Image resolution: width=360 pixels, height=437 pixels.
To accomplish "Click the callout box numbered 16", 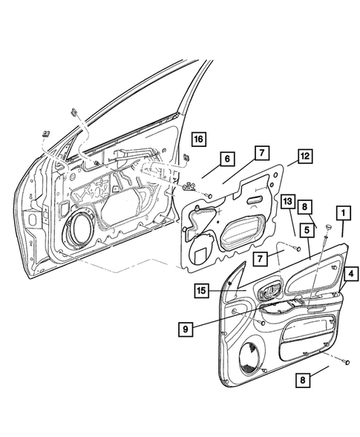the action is (x=198, y=139).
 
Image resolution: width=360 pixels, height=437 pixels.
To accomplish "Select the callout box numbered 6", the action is (x=227, y=159).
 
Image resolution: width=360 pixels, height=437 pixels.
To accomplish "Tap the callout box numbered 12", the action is (x=305, y=156).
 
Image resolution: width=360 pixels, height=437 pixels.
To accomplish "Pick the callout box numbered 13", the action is (x=288, y=201).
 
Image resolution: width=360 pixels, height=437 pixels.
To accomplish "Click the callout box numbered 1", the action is (x=343, y=213).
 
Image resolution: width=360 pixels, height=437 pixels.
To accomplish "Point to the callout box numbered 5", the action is (x=307, y=230).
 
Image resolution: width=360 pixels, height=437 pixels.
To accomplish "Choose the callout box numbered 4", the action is (x=351, y=274).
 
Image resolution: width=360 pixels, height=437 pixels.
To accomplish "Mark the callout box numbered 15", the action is (x=201, y=291).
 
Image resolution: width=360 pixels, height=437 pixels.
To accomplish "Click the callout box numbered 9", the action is (x=186, y=329).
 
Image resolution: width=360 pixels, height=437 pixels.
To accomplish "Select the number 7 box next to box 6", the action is (x=262, y=153).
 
